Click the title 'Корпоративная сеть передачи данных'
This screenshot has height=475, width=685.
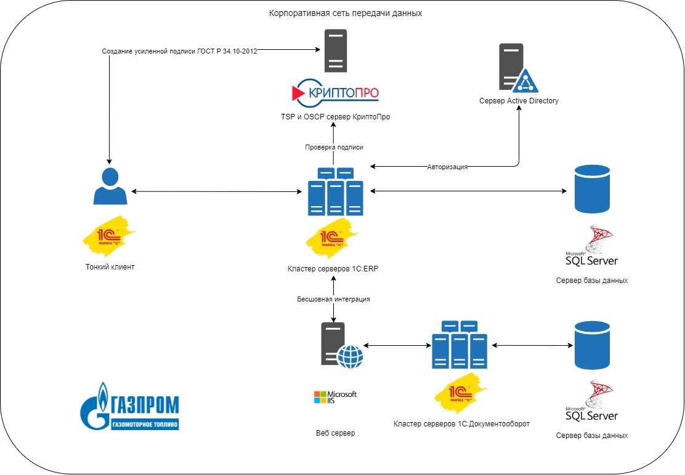[x=346, y=14]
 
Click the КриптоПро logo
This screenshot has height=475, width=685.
[x=334, y=92]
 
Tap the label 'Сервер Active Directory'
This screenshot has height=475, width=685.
[x=519, y=101]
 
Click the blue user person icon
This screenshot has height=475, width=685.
[x=110, y=186]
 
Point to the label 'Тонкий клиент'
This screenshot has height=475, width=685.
[x=109, y=267]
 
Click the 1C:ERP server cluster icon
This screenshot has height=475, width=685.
[x=336, y=191]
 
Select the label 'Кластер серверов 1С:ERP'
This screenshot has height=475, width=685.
[x=333, y=268]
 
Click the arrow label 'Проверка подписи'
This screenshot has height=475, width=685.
[x=334, y=147]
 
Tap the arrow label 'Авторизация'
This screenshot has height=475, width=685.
[x=447, y=167]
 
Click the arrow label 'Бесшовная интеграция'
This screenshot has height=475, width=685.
[x=333, y=299]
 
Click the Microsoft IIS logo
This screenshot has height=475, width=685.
[x=334, y=397]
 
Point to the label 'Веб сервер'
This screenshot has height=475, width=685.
[x=335, y=433]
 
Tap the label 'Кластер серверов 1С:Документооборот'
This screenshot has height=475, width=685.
[x=461, y=424]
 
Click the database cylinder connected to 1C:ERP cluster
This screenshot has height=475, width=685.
[x=591, y=189]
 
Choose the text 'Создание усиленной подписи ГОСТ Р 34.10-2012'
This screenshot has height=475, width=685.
[x=179, y=52]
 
